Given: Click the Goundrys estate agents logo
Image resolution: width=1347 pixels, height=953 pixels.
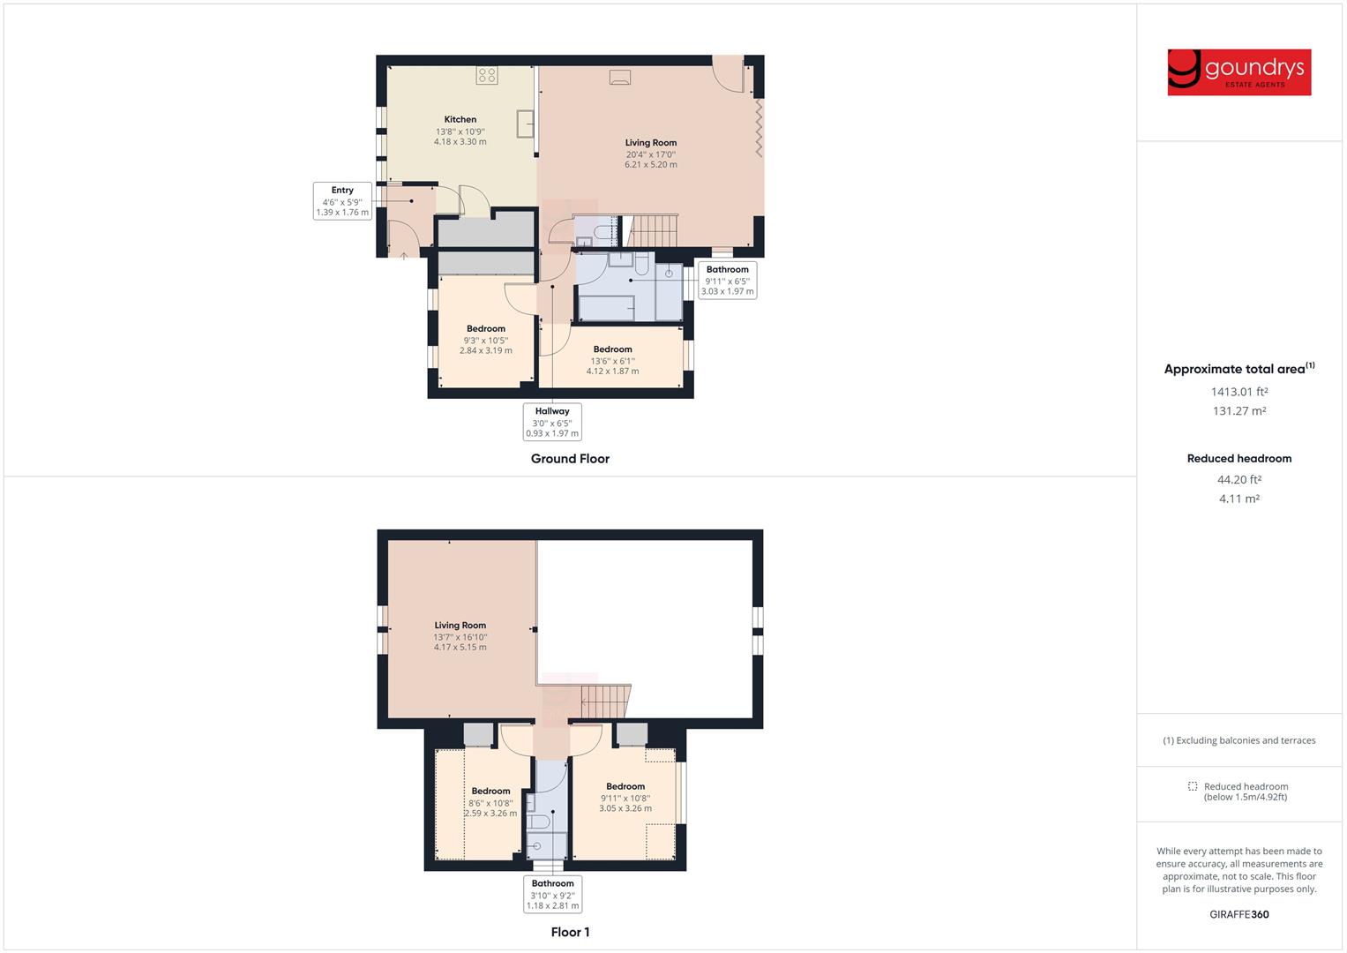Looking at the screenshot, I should (1238, 72).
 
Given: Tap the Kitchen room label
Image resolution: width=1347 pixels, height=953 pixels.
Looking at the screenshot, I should (460, 119).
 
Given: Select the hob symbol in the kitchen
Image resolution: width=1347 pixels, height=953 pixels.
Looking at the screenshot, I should (487, 75).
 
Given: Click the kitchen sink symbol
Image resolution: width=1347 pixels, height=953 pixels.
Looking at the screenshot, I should (526, 124).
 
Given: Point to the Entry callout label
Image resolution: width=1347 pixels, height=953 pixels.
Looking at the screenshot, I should (342, 201).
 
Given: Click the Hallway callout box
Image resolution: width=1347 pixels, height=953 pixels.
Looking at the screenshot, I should (552, 422).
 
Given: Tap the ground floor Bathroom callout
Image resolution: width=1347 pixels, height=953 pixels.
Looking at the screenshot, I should (727, 280).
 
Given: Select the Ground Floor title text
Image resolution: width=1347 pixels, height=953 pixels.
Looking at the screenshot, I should (570, 459).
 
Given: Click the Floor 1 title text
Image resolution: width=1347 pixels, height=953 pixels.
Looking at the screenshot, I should (570, 932).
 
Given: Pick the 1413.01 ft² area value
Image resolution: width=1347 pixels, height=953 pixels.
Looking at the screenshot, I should (1238, 392).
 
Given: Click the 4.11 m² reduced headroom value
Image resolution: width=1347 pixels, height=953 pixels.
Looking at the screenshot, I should (1238, 499).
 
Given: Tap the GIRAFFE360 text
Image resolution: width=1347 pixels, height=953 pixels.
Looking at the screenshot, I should (1238, 914).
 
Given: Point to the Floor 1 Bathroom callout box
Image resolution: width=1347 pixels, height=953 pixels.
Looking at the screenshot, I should (552, 894).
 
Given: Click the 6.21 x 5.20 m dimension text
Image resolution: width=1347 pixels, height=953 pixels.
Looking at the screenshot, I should (651, 165).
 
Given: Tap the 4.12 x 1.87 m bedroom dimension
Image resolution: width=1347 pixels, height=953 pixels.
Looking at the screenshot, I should (612, 371).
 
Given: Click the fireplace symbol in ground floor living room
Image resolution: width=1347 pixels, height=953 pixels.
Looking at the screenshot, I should (620, 78).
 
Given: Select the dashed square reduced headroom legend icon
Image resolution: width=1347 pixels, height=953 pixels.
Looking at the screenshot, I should (1193, 786).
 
